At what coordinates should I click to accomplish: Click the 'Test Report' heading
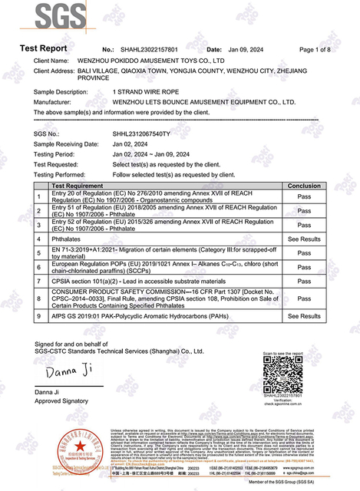pos(44,49)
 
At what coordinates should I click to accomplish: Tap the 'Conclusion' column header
pos(304,186)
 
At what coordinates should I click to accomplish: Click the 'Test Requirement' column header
pos(78,186)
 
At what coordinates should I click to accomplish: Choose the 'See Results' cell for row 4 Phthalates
pos(304,239)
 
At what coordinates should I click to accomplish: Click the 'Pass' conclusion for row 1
pos(304,196)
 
